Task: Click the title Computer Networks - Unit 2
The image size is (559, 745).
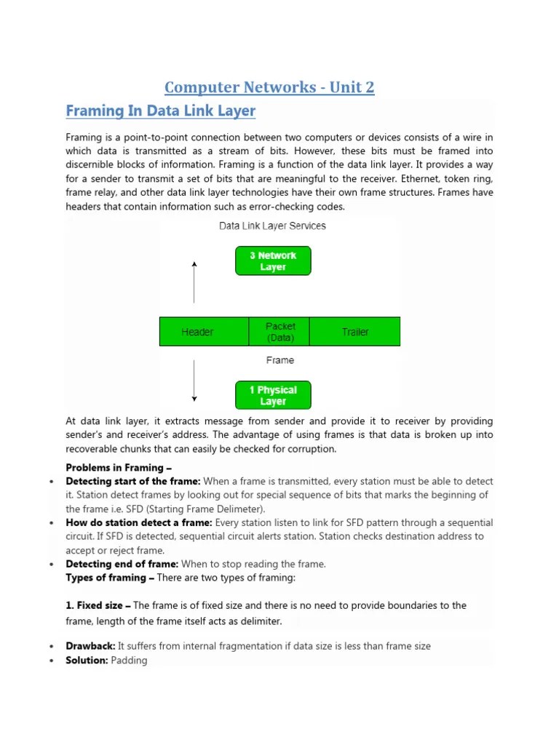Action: (269, 87)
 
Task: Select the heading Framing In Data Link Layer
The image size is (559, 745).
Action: (161, 111)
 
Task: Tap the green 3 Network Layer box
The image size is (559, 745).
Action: (273, 261)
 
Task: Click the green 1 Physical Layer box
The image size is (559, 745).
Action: (273, 395)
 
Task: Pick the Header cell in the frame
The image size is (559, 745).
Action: (197, 332)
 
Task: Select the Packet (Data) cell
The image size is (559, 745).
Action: (279, 332)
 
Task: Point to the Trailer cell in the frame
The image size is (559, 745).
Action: (355, 332)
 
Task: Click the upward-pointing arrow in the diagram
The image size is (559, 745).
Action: (194, 282)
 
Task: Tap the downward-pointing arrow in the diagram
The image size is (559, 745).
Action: (194, 380)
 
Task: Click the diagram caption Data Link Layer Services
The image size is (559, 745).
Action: (273, 226)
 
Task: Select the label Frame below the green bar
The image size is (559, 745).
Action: (280, 360)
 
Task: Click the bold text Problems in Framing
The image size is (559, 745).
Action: (119, 468)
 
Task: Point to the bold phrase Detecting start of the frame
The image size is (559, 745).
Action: (133, 482)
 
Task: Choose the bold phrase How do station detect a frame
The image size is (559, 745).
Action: (139, 523)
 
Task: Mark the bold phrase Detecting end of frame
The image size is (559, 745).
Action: (122, 564)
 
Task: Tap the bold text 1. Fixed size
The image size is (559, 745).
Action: (98, 605)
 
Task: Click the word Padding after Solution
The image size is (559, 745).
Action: (129, 660)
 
